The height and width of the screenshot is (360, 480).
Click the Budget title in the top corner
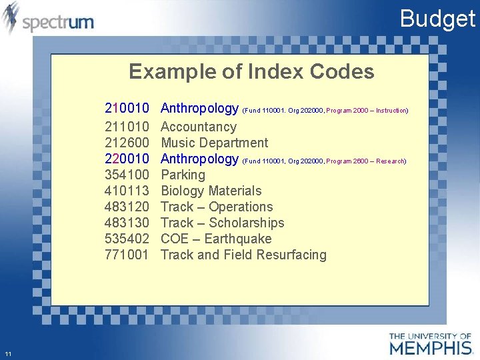tap(437, 19)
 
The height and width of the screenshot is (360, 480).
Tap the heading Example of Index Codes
tap(251, 71)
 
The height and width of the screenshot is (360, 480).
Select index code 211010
tap(127, 127)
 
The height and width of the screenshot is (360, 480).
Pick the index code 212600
tap(127, 143)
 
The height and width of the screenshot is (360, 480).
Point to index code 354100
tap(127, 175)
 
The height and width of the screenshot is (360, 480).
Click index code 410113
tap(127, 191)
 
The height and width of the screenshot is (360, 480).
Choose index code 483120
tap(127, 207)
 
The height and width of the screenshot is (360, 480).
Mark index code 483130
tap(127, 223)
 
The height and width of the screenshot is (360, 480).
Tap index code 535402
tap(127, 239)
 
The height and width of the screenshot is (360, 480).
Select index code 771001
tap(127, 255)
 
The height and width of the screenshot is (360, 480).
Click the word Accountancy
tap(199, 127)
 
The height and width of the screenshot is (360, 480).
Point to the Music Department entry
tap(215, 143)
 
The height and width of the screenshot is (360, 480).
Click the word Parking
tap(183, 175)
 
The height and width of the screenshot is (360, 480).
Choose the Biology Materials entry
tap(211, 191)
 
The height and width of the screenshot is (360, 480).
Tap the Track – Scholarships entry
tap(223, 223)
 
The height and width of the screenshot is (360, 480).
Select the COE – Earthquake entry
tap(216, 239)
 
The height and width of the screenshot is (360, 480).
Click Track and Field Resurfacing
tap(244, 255)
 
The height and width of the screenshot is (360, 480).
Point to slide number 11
tap(7, 353)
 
